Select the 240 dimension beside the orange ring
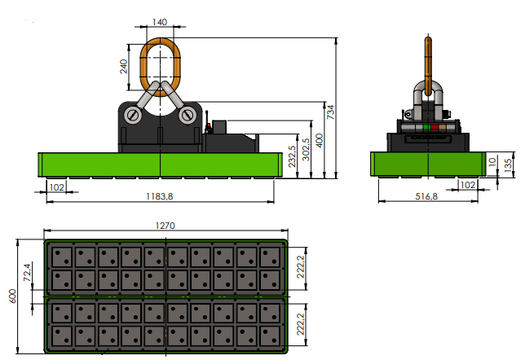(124, 66)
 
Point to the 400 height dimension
(319, 141)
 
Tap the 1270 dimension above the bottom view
(166, 226)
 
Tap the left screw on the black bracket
(132, 116)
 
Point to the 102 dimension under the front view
(57, 187)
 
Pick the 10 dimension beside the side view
(492, 161)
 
